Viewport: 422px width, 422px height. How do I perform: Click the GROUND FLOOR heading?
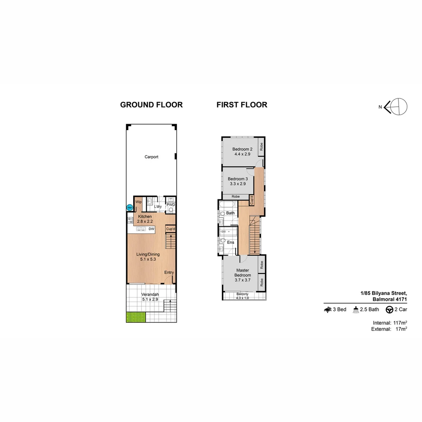[151, 105]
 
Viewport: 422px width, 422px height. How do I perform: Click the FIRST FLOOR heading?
[242, 105]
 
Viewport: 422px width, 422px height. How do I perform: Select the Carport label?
[151, 157]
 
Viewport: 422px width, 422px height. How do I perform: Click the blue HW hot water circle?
[129, 208]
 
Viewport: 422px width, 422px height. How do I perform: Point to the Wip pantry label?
[138, 202]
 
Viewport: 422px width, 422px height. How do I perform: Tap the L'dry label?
[158, 206]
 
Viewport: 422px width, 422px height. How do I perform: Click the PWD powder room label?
[171, 204]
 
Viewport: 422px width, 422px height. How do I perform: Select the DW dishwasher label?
[151, 229]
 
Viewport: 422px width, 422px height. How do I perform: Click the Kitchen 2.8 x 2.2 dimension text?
[145, 222]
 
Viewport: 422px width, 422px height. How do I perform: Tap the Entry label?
[169, 273]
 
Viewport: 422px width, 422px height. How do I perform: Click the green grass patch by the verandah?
[136, 317]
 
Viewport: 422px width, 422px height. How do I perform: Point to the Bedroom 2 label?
[242, 149]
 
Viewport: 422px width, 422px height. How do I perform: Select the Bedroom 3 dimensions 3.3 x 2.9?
[238, 184]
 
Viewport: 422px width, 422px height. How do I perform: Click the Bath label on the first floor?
[230, 213]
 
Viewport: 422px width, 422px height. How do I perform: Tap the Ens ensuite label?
[231, 242]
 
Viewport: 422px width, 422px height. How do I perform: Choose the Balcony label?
[242, 294]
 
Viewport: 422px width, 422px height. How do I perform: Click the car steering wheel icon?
[389, 309]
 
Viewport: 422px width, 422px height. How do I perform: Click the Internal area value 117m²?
[400, 323]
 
